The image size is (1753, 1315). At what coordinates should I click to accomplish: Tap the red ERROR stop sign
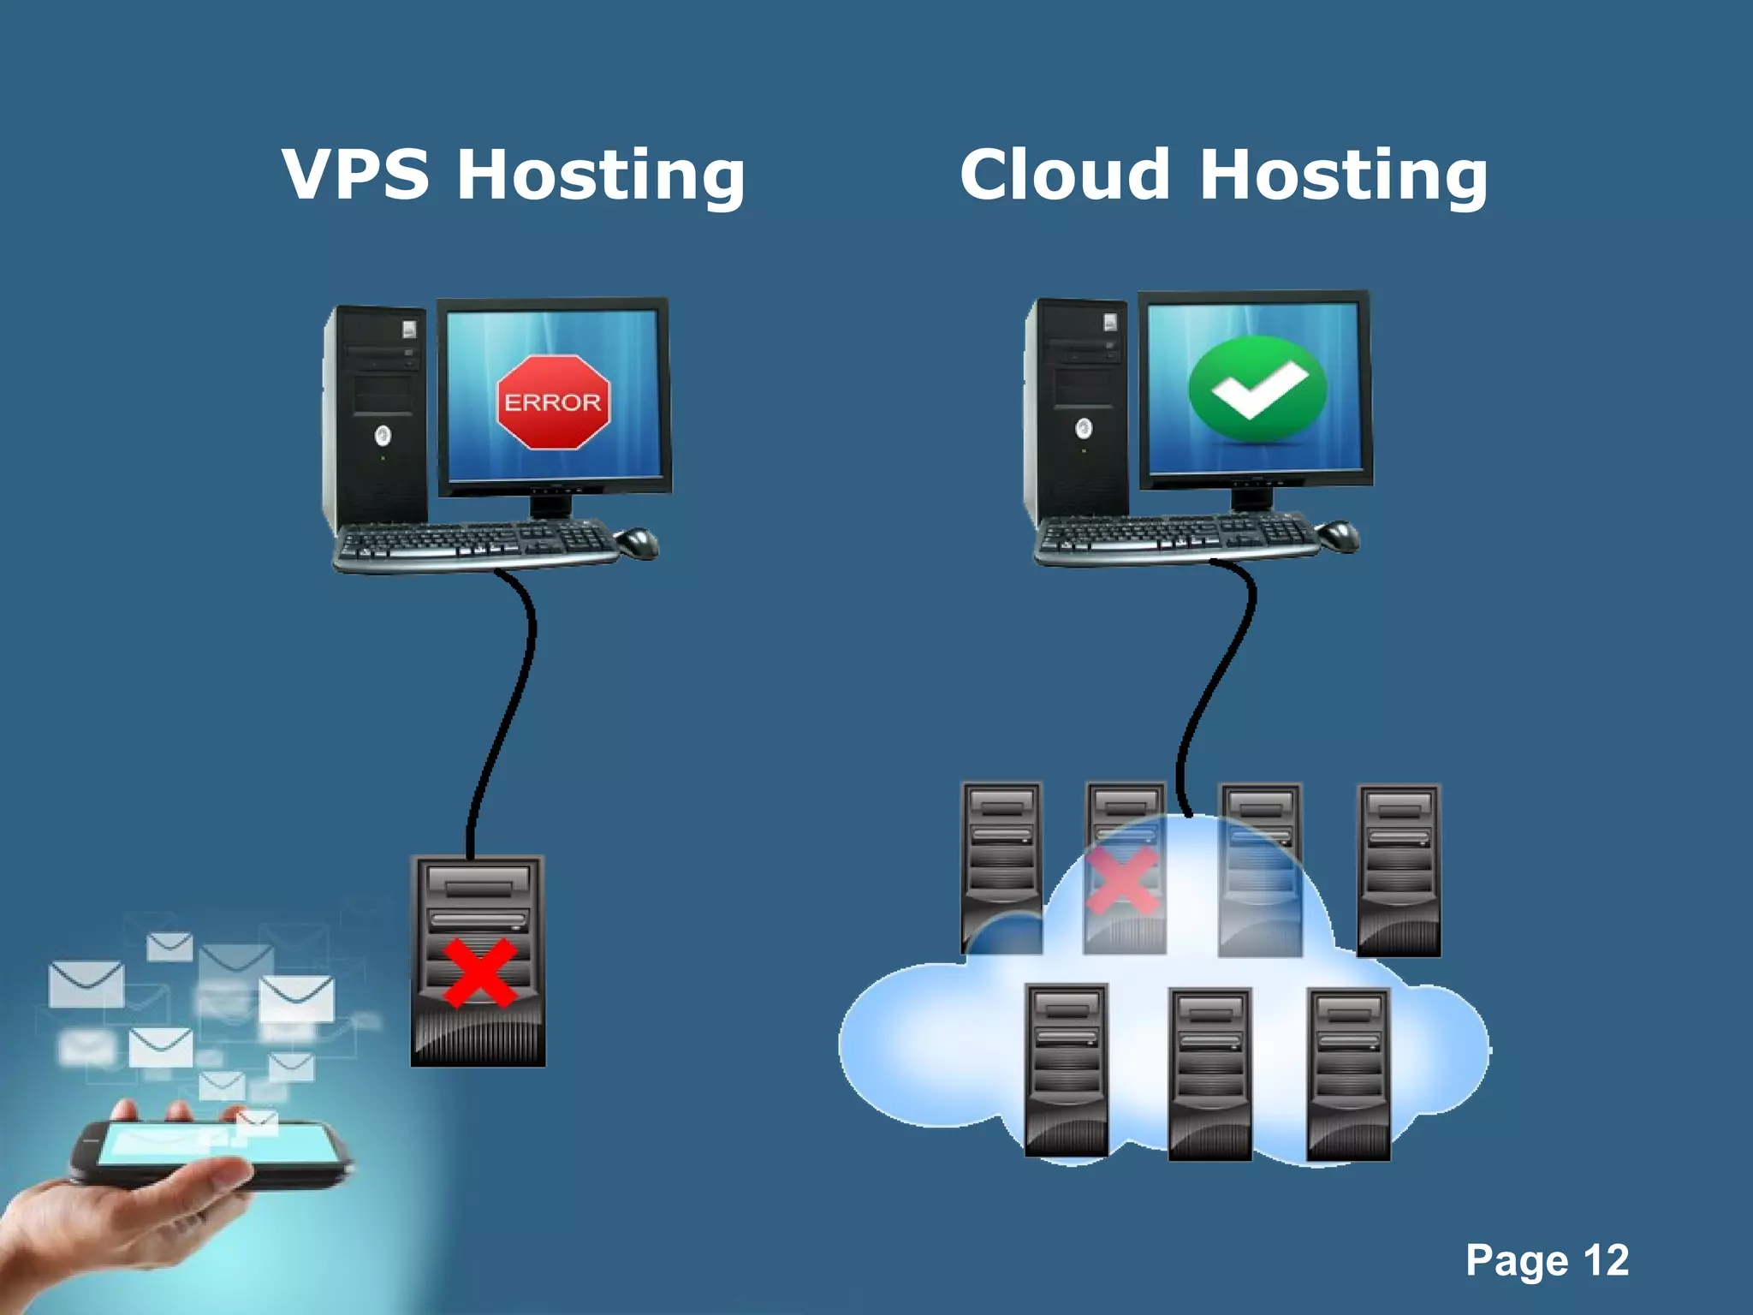[x=552, y=402]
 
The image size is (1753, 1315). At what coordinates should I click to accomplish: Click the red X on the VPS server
[x=479, y=973]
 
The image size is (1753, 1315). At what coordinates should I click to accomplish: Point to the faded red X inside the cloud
[x=1123, y=880]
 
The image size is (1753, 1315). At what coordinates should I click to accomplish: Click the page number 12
[x=1606, y=1260]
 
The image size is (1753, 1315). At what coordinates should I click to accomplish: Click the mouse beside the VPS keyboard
[x=638, y=542]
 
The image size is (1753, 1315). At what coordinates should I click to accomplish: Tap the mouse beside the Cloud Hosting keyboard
[x=1339, y=535]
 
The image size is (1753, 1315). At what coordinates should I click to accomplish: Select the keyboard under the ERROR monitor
[x=475, y=545]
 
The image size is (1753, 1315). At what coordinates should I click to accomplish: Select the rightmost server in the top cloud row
[x=1399, y=869]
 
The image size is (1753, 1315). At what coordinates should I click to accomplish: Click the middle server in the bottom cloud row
[x=1210, y=1074]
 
